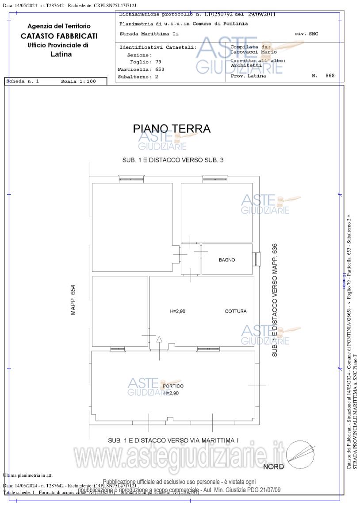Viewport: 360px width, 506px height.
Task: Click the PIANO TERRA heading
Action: tap(172, 129)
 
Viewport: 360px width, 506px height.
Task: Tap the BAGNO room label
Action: tap(227, 260)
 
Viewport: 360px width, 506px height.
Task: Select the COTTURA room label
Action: tap(236, 311)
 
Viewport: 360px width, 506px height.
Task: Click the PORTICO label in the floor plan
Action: tap(173, 386)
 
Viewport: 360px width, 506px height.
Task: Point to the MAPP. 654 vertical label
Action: tap(73, 300)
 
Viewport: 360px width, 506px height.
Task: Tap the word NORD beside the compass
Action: tap(273, 467)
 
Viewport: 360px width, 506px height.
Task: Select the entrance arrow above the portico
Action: tap(159, 340)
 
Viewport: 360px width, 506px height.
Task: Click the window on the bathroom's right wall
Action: tap(257, 259)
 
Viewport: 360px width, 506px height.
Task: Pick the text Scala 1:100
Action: tap(78, 81)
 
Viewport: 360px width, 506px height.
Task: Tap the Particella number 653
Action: tap(160, 70)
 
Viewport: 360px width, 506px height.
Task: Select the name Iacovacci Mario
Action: tap(253, 52)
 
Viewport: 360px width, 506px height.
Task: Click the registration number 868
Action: tap(330, 76)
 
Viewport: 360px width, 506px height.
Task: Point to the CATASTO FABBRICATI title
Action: tap(59, 36)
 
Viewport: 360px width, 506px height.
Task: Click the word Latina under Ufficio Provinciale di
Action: tap(61, 54)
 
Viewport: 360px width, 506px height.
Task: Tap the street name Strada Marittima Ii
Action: tap(149, 34)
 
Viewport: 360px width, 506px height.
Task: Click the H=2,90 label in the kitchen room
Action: tap(178, 311)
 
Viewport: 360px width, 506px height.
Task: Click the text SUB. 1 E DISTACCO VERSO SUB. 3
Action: tap(173, 160)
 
